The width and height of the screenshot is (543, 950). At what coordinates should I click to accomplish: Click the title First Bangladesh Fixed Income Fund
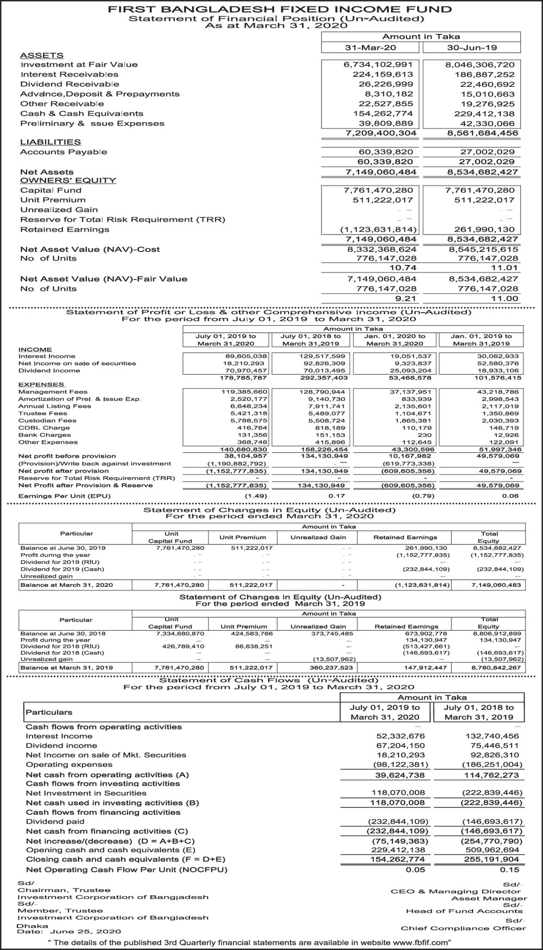tap(280, 9)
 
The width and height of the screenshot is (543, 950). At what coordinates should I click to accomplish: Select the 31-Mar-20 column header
tap(371, 48)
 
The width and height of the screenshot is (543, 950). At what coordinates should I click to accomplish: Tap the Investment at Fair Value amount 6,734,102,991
tap(378, 65)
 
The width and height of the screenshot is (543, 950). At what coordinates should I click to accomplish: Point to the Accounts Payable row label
tap(64, 152)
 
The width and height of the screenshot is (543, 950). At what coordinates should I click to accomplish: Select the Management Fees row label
tap(53, 391)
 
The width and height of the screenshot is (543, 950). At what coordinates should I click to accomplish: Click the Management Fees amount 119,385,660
tap(244, 391)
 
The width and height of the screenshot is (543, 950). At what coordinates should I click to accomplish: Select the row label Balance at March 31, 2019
tap(67, 667)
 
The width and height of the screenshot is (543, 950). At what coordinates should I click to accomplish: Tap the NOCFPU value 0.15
tap(509, 869)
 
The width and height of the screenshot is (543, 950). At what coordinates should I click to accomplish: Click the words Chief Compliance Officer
tap(463, 928)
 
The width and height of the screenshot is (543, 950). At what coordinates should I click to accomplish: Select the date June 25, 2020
tap(81, 931)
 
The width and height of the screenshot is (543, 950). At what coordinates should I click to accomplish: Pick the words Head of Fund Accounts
tap(464, 911)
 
